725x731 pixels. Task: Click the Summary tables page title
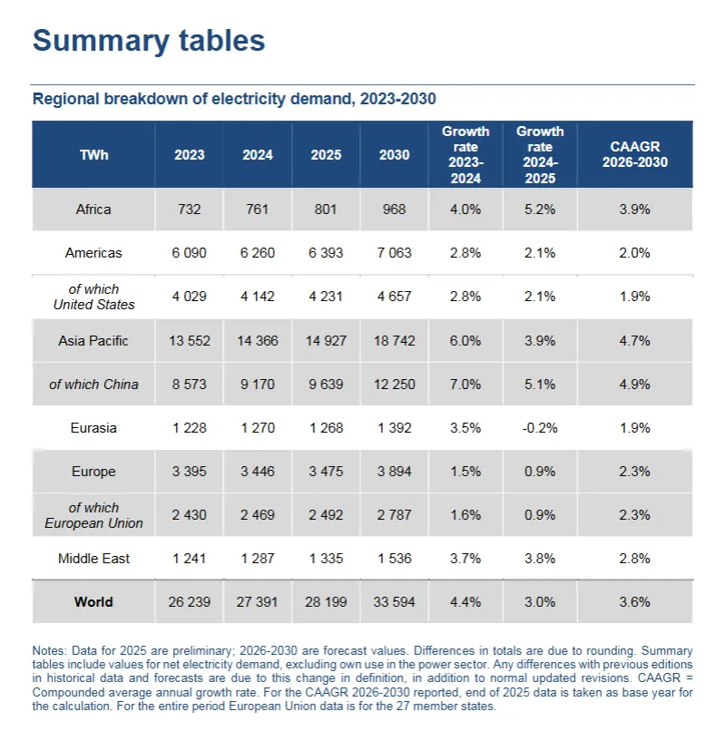149,41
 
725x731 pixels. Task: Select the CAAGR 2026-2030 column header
638,155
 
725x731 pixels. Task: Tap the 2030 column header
394,155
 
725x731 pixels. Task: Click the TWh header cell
93,155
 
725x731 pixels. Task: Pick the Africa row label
93,210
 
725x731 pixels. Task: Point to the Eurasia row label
93,428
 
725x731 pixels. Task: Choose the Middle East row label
93,559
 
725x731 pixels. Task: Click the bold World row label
93,602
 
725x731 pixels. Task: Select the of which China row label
93,385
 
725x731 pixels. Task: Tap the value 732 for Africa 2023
190,210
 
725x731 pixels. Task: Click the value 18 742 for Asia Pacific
394,341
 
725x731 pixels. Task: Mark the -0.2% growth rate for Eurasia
540,428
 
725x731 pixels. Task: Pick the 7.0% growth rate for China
465,385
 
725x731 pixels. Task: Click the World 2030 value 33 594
394,602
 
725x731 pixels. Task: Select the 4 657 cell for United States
394,297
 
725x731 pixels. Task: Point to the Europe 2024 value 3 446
258,472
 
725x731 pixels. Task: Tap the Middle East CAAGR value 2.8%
638,559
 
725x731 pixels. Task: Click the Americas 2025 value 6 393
326,253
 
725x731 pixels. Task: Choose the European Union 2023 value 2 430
190,515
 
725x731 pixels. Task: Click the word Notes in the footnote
49,651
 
